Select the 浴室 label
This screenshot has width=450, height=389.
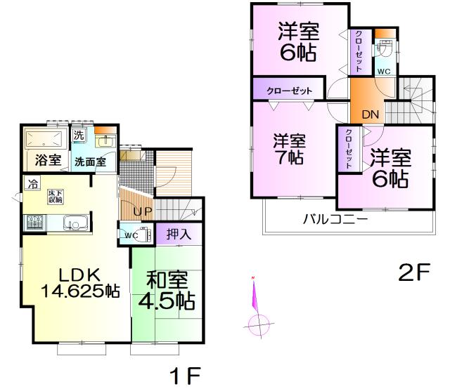click(46, 159)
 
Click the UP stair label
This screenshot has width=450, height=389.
click(134, 211)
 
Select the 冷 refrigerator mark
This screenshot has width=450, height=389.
click(33, 185)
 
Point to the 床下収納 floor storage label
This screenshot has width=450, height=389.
click(54, 196)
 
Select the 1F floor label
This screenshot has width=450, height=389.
click(186, 374)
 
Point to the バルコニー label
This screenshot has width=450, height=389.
click(335, 218)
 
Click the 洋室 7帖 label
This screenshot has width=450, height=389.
click(289, 148)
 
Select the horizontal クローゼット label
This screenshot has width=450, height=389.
click(289, 91)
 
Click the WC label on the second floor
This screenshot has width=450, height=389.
click(384, 72)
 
